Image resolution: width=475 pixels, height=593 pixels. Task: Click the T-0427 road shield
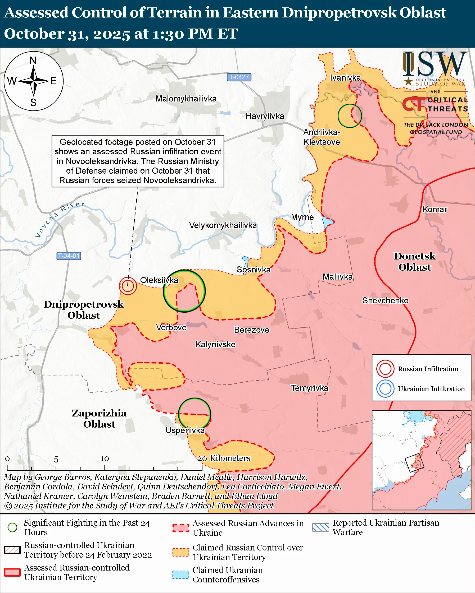click(x=239, y=77)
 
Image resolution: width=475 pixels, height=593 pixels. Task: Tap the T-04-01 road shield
click(x=69, y=256)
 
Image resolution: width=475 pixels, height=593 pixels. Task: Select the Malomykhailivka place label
click(x=186, y=99)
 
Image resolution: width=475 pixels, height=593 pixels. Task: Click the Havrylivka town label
click(x=265, y=116)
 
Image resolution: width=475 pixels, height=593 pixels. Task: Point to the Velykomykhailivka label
click(x=223, y=225)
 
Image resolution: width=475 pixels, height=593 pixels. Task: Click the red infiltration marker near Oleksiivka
click(x=128, y=286)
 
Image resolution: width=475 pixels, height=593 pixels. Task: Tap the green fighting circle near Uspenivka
click(x=194, y=414)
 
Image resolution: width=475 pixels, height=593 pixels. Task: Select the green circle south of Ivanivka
click(x=350, y=116)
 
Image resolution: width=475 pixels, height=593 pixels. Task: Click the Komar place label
click(x=435, y=209)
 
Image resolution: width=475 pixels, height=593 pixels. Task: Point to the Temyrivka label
click(x=310, y=388)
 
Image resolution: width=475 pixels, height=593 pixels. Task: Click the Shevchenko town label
click(x=385, y=300)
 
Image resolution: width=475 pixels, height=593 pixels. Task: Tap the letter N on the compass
click(x=33, y=60)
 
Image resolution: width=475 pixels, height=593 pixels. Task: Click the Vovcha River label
click(x=59, y=219)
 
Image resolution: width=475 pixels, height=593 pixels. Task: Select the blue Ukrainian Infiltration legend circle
click(x=385, y=389)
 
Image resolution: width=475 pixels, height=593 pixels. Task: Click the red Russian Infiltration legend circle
click(x=385, y=369)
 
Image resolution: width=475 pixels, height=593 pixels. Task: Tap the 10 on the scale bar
click(x=104, y=458)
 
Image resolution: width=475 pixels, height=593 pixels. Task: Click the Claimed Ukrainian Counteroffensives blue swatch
click(x=181, y=575)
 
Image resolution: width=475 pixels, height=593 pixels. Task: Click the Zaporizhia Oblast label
click(x=99, y=418)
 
